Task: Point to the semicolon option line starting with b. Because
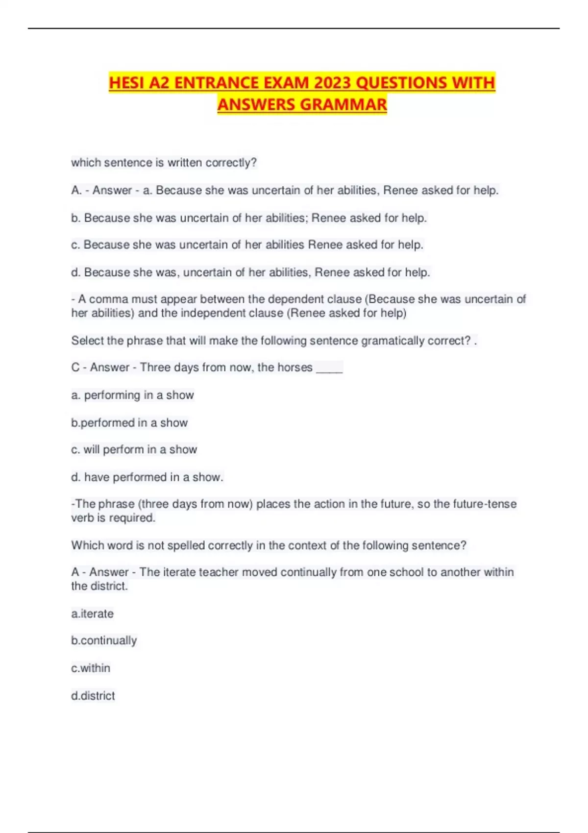249,218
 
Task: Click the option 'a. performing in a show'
132,395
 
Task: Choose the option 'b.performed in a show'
129,422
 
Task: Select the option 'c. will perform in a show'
134,449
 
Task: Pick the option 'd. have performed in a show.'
147,477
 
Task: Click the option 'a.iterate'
92,613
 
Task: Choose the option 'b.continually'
104,640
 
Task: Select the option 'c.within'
91,668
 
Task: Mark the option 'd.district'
93,695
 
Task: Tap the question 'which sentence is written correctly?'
164,163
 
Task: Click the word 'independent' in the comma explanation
231,313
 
